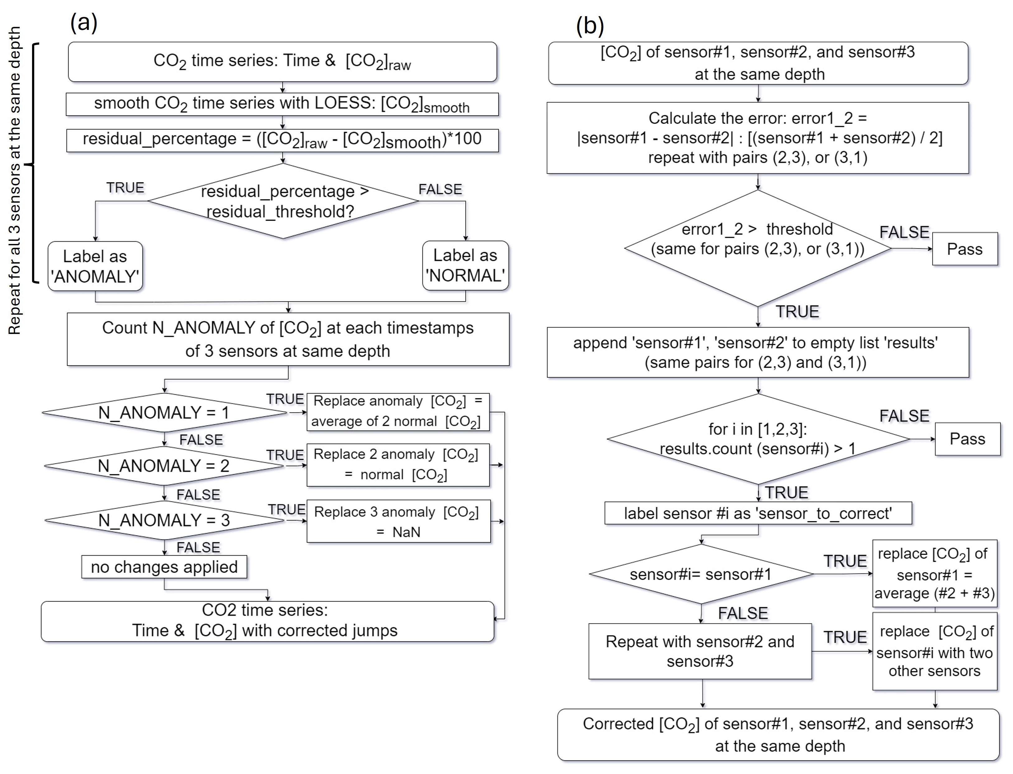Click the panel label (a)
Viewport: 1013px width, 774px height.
pos(84,22)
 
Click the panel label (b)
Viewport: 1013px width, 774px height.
pos(590,26)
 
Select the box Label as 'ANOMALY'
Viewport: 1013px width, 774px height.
pos(95,266)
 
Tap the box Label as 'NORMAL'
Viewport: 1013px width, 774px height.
pos(465,265)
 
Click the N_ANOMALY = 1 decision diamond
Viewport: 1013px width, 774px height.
pos(164,412)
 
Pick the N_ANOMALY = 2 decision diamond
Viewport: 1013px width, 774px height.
pos(164,466)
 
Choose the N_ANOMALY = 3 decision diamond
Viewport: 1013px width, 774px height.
pos(164,520)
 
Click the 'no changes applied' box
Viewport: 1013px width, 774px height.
pos(164,567)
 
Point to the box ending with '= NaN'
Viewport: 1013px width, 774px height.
pos(398,522)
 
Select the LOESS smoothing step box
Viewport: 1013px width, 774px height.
pos(282,104)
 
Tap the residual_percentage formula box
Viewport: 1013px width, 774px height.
pos(282,140)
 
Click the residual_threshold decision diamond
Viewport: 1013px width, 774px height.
pos(283,201)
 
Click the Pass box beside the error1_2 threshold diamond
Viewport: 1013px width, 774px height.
pos(965,249)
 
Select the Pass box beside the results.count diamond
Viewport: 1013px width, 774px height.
pos(967,439)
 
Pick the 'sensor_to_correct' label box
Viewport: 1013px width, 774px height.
pos(758,513)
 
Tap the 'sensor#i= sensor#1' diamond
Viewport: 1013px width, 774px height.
pos(701,574)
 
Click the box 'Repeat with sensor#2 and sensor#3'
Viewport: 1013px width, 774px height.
pos(700,651)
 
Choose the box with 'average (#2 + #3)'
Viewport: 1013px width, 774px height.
pos(935,574)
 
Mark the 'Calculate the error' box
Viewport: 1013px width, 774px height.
pos(758,138)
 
